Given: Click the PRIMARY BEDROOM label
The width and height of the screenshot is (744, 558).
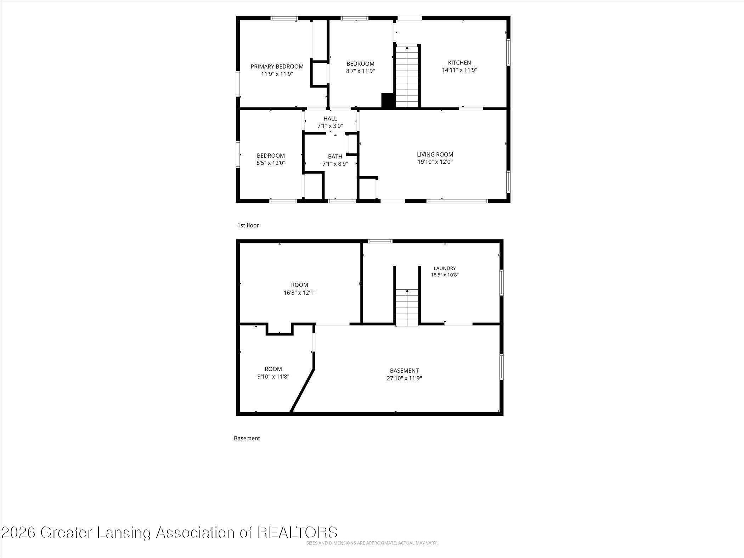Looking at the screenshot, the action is click(x=277, y=67).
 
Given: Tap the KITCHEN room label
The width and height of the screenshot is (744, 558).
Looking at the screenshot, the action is click(x=460, y=63).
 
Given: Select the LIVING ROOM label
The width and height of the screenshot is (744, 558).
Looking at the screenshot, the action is click(x=435, y=154).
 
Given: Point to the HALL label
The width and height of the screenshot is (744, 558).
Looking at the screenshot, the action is click(x=330, y=119).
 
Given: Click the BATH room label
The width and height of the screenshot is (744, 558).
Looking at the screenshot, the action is click(x=335, y=156).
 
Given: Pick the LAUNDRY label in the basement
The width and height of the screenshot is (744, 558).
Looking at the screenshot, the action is click(x=445, y=268).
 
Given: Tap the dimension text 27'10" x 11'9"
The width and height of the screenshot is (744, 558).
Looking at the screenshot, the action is click(x=404, y=378).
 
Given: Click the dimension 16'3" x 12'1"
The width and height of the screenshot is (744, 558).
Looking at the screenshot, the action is click(x=299, y=293).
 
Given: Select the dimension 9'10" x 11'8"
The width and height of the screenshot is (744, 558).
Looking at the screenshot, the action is click(x=274, y=377).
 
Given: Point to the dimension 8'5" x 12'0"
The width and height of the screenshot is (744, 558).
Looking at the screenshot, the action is click(x=271, y=163).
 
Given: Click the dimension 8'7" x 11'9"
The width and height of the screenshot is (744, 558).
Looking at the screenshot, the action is click(x=361, y=71).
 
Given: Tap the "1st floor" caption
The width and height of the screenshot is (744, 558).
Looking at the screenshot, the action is click(x=248, y=225).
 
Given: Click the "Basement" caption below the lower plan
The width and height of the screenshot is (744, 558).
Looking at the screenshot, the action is click(x=247, y=438).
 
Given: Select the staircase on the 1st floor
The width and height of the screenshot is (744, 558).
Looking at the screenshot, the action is click(x=407, y=77).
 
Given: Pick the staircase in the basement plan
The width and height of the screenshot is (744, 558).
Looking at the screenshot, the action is click(x=407, y=308).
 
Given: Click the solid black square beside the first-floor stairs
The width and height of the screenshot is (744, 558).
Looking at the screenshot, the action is click(x=388, y=100).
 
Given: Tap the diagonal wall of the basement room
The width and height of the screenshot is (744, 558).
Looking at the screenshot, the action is click(x=302, y=390).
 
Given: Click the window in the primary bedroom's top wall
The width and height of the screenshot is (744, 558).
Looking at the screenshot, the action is click(x=284, y=18).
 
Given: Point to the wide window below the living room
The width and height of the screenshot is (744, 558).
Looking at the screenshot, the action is click(x=457, y=201).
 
